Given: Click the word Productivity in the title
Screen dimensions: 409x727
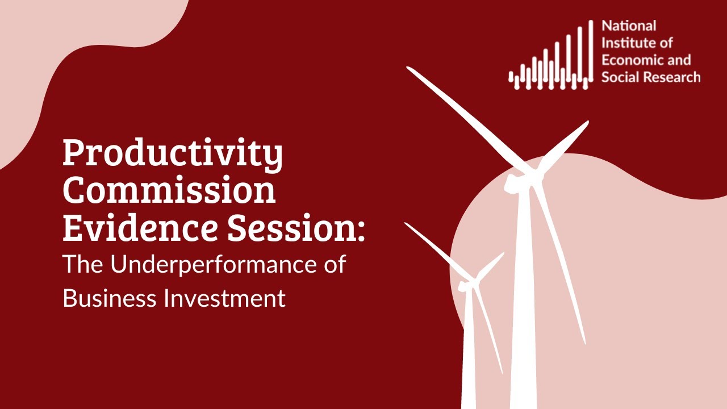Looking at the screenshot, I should pyautogui.click(x=172, y=153).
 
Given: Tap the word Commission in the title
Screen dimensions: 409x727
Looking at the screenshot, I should pyautogui.click(x=169, y=191).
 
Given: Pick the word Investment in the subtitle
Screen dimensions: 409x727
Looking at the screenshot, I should pyautogui.click(x=224, y=298).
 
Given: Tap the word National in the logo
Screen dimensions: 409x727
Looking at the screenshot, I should pyautogui.click(x=629, y=26).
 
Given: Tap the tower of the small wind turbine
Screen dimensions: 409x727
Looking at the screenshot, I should pyautogui.click(x=469, y=352).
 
